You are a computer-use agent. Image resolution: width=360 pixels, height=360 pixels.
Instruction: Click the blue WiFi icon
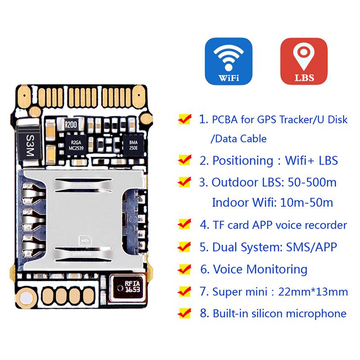(x=229, y=61)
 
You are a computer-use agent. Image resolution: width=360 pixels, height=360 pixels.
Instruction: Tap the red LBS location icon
(x=304, y=61)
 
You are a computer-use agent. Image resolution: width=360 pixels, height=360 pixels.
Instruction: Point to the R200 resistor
(x=71, y=125)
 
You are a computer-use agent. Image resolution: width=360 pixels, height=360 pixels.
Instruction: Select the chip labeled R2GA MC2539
(x=76, y=145)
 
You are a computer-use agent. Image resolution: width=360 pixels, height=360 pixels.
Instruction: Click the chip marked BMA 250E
(x=133, y=145)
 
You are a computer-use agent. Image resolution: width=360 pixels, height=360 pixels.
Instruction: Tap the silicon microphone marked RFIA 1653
(x=127, y=288)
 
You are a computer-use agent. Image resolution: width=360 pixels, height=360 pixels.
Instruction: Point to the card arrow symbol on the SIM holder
(x=85, y=241)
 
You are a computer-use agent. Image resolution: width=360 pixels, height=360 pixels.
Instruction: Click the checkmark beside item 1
(x=185, y=119)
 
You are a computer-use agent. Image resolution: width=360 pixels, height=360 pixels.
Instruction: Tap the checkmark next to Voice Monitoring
(x=185, y=269)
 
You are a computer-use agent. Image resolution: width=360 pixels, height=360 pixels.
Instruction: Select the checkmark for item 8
(x=185, y=313)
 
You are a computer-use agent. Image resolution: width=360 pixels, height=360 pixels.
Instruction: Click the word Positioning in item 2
(x=243, y=161)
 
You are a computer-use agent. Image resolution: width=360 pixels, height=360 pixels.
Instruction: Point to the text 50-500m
(x=312, y=183)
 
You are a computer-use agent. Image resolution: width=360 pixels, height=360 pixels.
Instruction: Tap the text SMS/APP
(x=311, y=247)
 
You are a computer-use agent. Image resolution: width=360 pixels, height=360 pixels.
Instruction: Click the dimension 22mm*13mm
(x=313, y=292)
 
